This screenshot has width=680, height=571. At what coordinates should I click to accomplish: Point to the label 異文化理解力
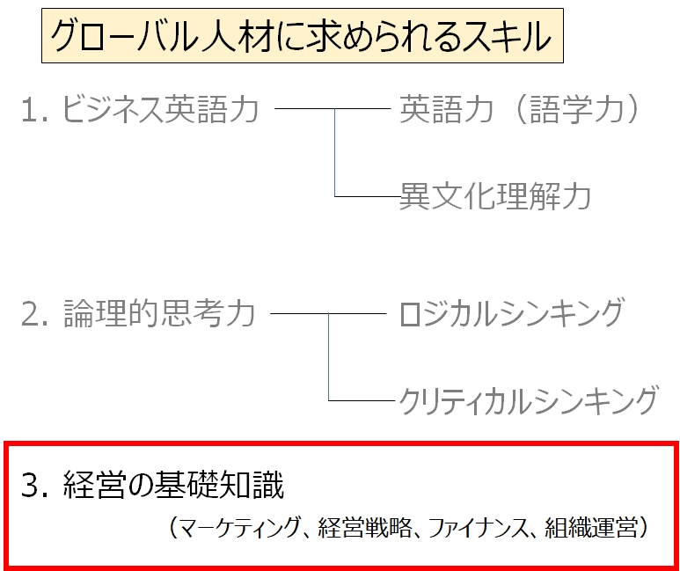coord(494,195)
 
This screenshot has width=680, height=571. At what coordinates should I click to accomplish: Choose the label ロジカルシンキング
coord(511,313)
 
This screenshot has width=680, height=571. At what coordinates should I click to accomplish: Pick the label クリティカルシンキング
coord(527,399)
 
